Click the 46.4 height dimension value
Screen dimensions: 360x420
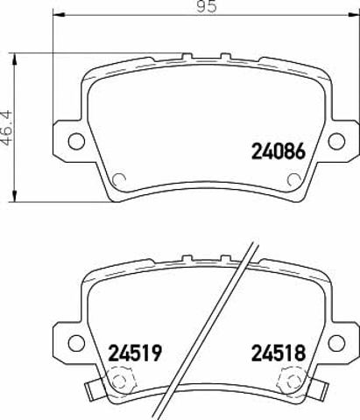(x=7, y=128)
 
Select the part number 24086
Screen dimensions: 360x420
(x=279, y=151)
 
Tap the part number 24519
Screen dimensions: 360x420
(x=135, y=353)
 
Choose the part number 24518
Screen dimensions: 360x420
(x=279, y=353)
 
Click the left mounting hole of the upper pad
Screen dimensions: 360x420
(x=76, y=141)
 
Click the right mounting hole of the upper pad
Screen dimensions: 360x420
(x=336, y=141)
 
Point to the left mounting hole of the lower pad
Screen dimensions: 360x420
(x=76, y=343)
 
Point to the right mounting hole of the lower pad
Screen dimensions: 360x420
(x=336, y=343)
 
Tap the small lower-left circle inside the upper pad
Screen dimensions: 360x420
(x=119, y=179)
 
